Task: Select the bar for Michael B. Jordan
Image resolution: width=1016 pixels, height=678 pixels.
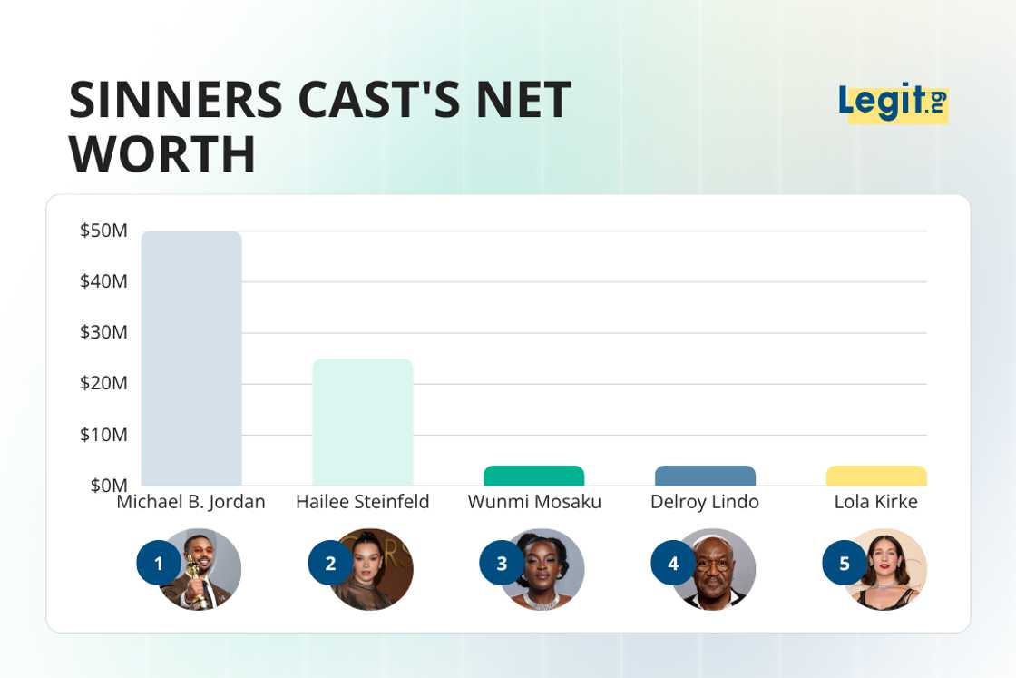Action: tap(191, 359)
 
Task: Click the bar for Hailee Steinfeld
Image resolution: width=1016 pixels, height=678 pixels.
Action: tap(363, 422)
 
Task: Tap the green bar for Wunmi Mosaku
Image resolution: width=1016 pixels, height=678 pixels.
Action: tap(533, 476)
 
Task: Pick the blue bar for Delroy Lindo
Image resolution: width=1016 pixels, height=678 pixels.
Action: tap(705, 476)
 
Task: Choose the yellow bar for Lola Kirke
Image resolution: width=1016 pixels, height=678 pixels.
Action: tap(876, 476)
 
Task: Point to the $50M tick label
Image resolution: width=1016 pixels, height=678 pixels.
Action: tap(103, 231)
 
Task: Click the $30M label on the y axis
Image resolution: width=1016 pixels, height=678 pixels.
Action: tap(103, 332)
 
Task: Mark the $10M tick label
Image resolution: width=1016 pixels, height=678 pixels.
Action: tap(103, 435)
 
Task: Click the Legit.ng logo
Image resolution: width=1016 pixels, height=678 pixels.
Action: tap(893, 102)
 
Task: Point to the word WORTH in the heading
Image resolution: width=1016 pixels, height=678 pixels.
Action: tap(163, 154)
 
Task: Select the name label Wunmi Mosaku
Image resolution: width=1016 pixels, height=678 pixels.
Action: tap(534, 502)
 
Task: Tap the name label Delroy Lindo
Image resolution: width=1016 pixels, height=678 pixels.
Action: tap(705, 502)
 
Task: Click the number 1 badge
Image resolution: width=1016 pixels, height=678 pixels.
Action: tap(159, 564)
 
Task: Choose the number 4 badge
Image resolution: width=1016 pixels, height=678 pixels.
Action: tap(673, 564)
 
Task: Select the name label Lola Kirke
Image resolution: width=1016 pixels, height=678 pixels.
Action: tap(875, 502)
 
